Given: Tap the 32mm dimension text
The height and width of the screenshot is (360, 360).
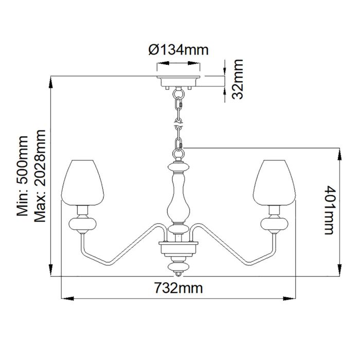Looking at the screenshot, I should (237, 80).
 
